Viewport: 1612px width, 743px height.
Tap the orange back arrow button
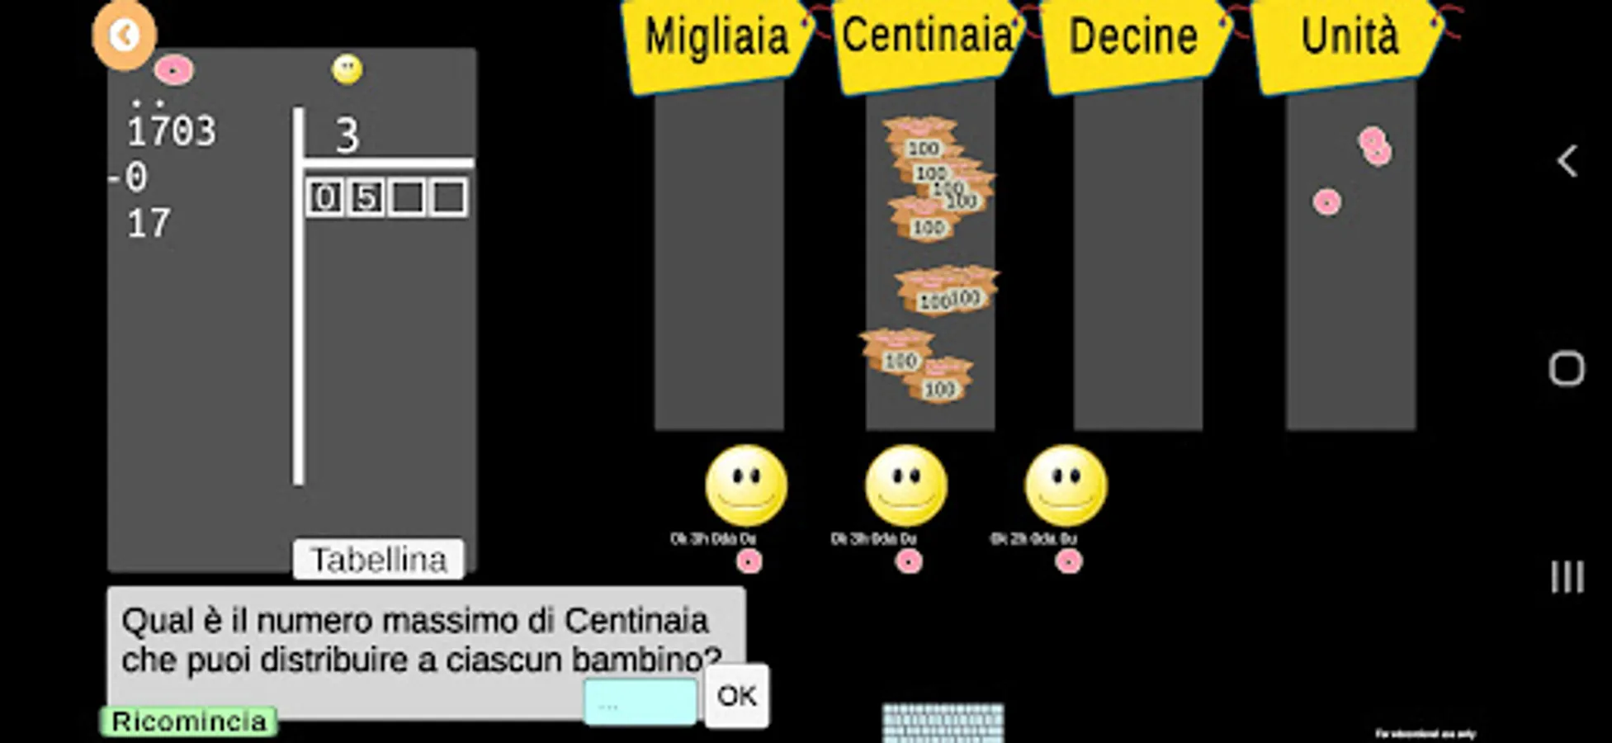(124, 35)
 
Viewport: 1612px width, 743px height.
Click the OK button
(736, 696)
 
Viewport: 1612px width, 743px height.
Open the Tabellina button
(378, 560)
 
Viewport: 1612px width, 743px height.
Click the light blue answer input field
(640, 703)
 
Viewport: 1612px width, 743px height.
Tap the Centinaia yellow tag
(927, 37)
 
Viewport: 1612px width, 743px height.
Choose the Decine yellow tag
(1133, 37)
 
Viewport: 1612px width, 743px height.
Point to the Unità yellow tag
(1349, 37)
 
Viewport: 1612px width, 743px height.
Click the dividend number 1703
(171, 131)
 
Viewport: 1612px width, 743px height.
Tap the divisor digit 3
(347, 135)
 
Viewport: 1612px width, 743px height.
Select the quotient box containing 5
(366, 198)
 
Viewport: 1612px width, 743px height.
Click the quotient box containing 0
(325, 198)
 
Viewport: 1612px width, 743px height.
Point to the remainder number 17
(149, 224)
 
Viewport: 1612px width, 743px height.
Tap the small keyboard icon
(943, 722)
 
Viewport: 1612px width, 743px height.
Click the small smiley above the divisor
(347, 69)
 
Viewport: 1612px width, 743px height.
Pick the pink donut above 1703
(173, 71)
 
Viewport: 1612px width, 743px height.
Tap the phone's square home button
(1566, 369)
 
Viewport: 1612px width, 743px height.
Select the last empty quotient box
(448, 198)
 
